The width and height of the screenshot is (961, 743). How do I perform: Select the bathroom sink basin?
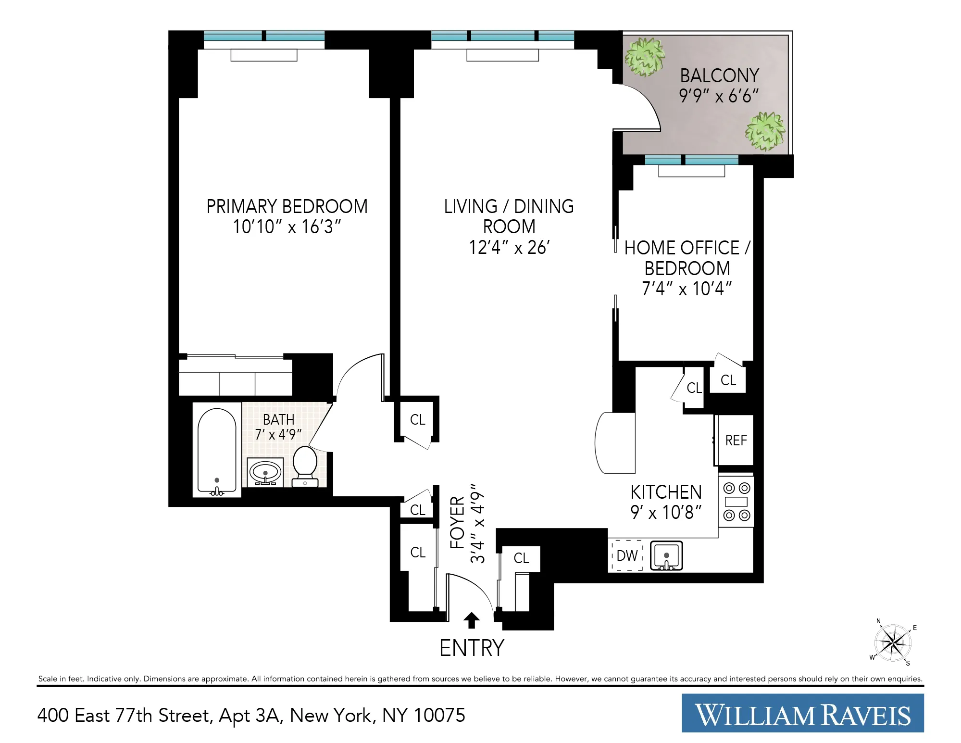click(x=265, y=471)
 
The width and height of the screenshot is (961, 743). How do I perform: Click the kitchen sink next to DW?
click(x=666, y=556)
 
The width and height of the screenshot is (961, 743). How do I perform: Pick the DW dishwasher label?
click(x=627, y=556)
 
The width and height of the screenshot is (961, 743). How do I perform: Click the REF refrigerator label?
click(x=736, y=441)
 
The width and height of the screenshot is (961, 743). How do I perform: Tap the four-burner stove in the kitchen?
click(x=736, y=502)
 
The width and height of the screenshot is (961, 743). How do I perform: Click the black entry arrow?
click(x=472, y=620)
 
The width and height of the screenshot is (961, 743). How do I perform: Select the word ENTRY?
click(x=472, y=648)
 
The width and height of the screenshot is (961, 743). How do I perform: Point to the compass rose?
click(x=893, y=643)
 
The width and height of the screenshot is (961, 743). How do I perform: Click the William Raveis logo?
click(x=802, y=715)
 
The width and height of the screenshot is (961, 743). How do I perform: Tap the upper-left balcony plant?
click(x=645, y=57)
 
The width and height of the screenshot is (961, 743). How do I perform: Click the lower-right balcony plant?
click(x=765, y=131)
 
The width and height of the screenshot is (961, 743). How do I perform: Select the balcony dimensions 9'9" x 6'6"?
click(x=719, y=96)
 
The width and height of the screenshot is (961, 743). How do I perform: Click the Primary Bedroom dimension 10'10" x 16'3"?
click(x=287, y=227)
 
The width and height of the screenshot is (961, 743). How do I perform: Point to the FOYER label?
click(x=457, y=523)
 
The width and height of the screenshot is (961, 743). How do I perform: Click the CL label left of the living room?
click(x=417, y=420)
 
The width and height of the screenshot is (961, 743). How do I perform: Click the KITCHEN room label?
click(x=666, y=492)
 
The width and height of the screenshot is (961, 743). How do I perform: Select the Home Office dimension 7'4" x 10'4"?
click(x=686, y=289)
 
